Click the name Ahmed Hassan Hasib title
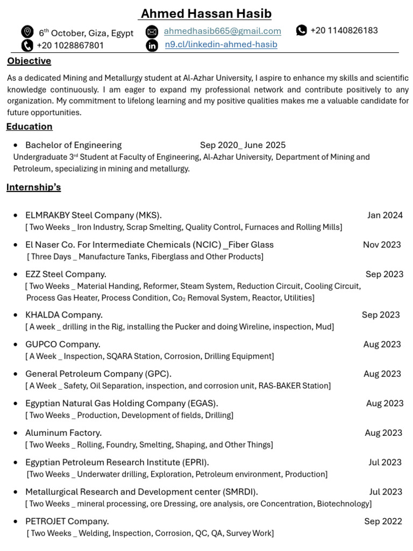206,13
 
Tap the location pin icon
27,32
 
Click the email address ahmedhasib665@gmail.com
222,31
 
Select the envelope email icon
152,31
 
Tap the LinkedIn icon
152,45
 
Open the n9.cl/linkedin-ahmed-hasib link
221,45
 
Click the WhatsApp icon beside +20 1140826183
302,30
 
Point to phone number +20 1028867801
70,46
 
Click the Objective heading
29,61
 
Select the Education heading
30,126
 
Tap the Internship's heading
33,187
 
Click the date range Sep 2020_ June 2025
243,145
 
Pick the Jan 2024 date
384,215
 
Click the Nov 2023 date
382,245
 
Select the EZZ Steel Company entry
66,274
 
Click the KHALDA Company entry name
63,315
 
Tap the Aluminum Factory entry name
63,433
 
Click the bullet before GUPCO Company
16,345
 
